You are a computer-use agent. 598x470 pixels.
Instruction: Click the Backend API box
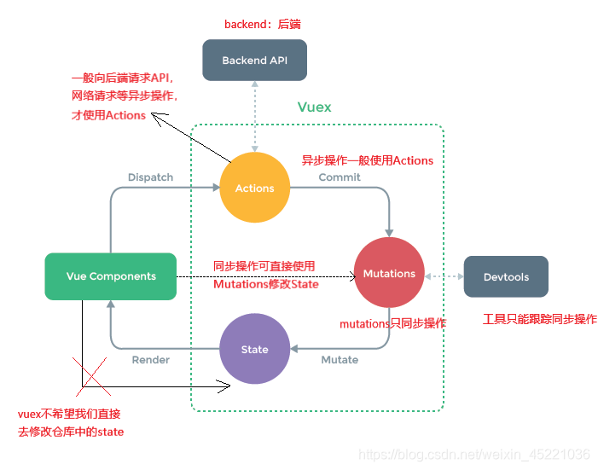(x=253, y=61)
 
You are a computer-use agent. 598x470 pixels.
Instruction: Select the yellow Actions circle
(x=254, y=188)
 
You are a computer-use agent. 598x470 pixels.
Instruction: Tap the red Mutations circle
(x=389, y=273)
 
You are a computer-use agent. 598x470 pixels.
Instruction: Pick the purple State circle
(x=254, y=349)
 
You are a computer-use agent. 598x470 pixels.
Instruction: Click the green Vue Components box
(x=111, y=276)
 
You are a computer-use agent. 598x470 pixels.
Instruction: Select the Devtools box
(x=506, y=277)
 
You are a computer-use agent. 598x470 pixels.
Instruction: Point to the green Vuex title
(x=314, y=107)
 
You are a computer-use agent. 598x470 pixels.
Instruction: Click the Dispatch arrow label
(x=150, y=177)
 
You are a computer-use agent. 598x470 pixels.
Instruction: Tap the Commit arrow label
(x=340, y=177)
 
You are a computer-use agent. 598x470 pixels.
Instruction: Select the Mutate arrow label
(x=340, y=360)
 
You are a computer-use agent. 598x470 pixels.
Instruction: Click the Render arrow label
(x=150, y=360)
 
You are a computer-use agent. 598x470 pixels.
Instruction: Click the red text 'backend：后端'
(x=262, y=25)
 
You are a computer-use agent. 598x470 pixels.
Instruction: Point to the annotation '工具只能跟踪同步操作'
(x=539, y=319)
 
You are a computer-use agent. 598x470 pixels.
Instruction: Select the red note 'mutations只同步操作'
(x=392, y=324)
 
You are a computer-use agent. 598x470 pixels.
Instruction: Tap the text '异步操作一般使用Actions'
(x=367, y=160)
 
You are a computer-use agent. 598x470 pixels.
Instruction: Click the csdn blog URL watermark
(x=474, y=455)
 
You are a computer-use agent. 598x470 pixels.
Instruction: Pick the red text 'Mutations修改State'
(x=265, y=284)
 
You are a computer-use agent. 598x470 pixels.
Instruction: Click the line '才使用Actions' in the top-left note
(x=108, y=115)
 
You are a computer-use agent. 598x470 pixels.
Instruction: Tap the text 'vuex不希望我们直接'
(x=69, y=414)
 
